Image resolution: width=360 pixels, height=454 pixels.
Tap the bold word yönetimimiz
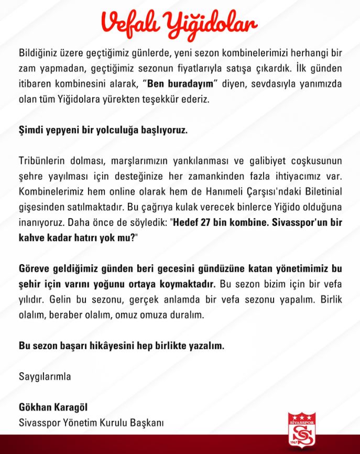299,269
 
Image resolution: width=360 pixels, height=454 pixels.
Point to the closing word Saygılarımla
45,376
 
